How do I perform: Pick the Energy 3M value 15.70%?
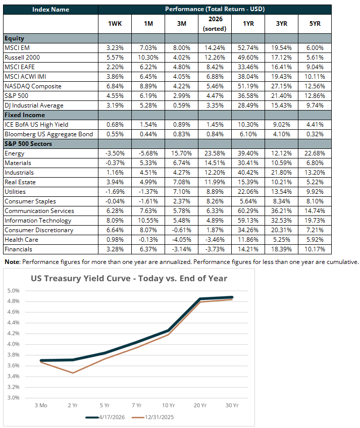coord(182,153)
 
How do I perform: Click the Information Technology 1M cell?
coord(148,221)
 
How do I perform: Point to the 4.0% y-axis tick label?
coord(14,344)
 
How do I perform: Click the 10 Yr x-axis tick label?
coord(168,405)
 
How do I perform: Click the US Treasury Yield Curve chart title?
coord(129,278)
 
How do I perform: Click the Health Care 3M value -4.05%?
coord(182,240)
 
